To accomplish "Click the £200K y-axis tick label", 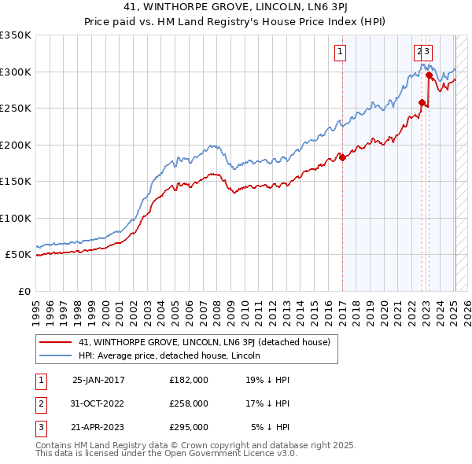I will [15, 145].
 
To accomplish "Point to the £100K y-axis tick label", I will [15, 218].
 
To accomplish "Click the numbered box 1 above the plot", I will [341, 53].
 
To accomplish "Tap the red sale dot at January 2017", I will [343, 157].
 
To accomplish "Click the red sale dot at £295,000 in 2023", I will [429, 75].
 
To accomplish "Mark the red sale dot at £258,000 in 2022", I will [422, 102].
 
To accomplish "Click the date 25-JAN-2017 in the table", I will [98, 380].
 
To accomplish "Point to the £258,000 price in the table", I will [189, 403].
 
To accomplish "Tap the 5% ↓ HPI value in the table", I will [271, 427].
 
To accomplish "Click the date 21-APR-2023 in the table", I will [98, 427].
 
